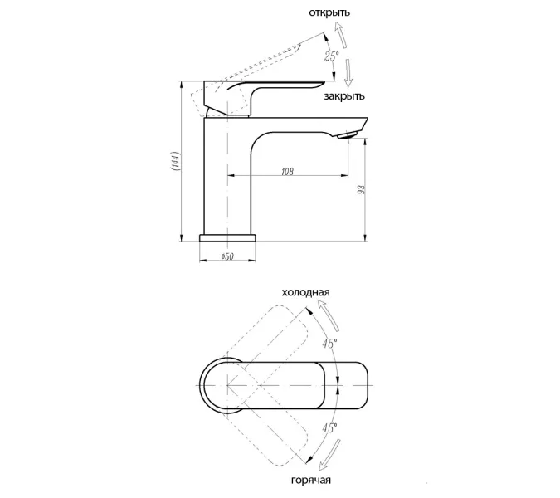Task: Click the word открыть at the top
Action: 329,12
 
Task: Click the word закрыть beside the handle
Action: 344,96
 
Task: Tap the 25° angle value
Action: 331,56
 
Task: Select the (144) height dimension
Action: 175,161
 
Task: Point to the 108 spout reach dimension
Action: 287,172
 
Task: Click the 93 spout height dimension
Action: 362,189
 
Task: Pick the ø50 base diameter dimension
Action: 227,256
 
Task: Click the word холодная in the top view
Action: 305,292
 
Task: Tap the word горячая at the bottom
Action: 311,480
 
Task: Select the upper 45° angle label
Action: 329,344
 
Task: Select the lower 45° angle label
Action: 329,427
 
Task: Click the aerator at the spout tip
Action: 347,135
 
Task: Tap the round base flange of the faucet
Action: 227,238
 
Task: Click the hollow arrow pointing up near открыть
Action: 341,35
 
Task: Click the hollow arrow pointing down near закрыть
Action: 348,72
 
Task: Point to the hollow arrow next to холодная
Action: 329,315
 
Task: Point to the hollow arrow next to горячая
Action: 329,456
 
